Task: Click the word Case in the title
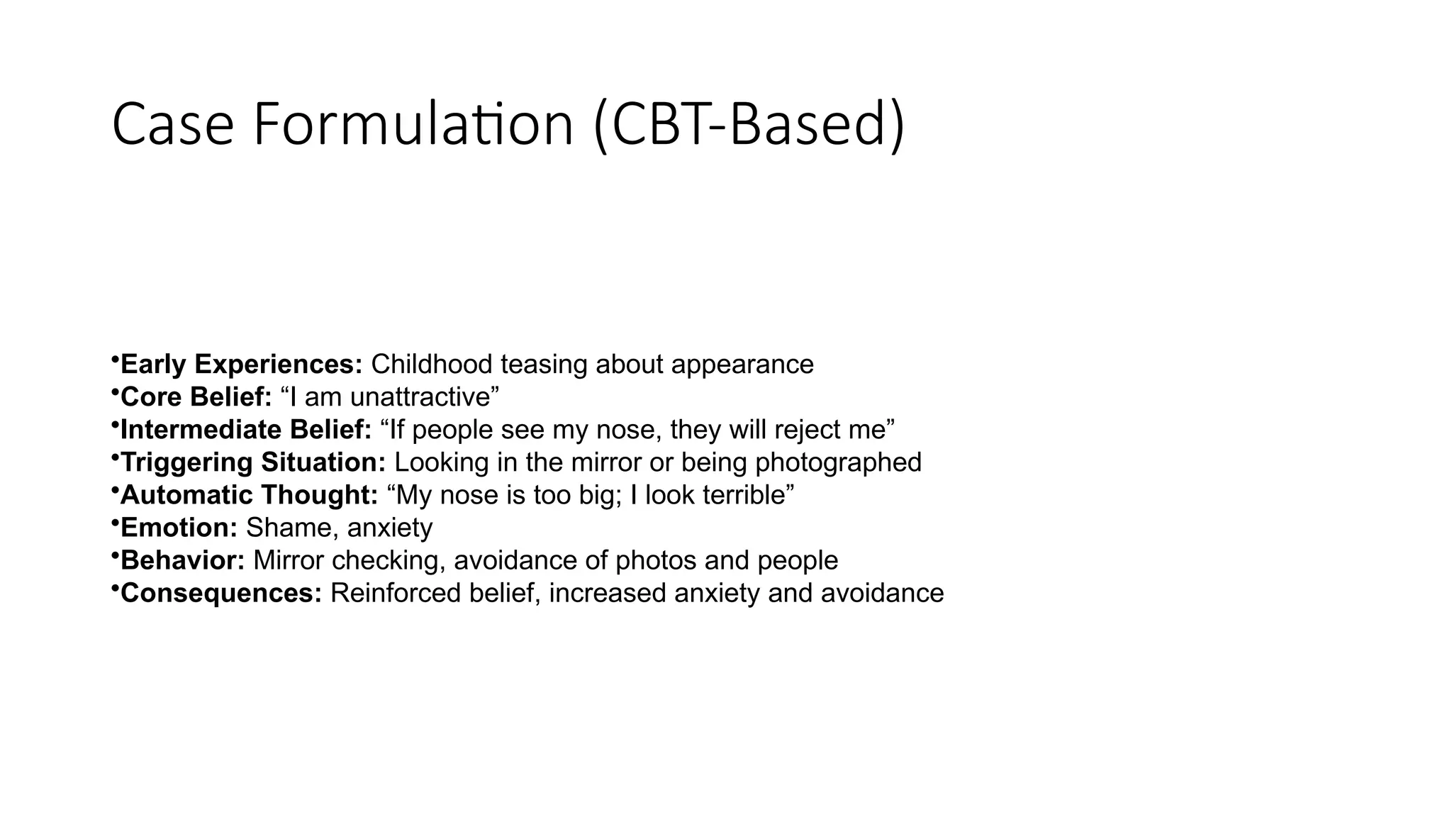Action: click(x=173, y=125)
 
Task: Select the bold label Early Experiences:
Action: click(x=242, y=365)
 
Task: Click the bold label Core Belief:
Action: click(x=196, y=397)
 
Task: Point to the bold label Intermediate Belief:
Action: click(x=246, y=430)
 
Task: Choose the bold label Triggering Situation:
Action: click(x=253, y=462)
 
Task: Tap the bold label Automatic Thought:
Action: click(x=250, y=495)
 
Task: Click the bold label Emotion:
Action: click(x=179, y=528)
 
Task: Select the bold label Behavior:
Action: click(x=183, y=560)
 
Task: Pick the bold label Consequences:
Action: click(x=222, y=593)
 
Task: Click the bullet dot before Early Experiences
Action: click(x=114, y=360)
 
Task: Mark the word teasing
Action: click(x=544, y=365)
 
